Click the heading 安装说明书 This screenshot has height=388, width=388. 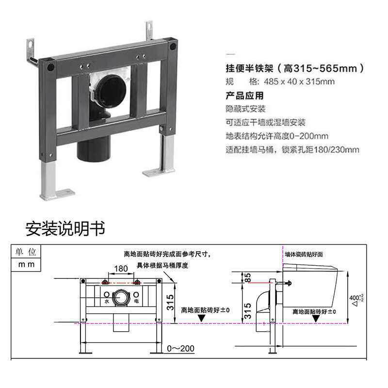click(x=65, y=228)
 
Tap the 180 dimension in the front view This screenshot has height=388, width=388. click(x=121, y=269)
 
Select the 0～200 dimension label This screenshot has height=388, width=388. click(x=180, y=348)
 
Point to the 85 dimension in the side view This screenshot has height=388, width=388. click(x=247, y=277)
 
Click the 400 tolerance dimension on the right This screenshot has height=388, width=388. click(x=356, y=299)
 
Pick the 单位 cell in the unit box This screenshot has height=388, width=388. click(x=26, y=252)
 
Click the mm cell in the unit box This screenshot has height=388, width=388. click(x=26, y=264)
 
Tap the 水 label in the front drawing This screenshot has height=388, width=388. click(x=107, y=301)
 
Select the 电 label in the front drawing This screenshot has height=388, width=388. click(x=136, y=301)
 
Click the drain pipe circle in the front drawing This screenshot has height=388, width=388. click(x=121, y=298)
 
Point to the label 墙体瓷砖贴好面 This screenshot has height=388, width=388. click(x=304, y=254)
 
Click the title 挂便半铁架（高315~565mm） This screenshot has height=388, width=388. click(x=295, y=68)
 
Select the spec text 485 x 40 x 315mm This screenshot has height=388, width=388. click(x=299, y=81)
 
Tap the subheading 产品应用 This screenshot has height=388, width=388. click(x=244, y=96)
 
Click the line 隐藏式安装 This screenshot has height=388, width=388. click(x=245, y=109)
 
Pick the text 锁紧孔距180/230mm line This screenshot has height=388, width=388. click(x=321, y=149)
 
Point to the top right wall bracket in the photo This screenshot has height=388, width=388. click(x=149, y=31)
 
